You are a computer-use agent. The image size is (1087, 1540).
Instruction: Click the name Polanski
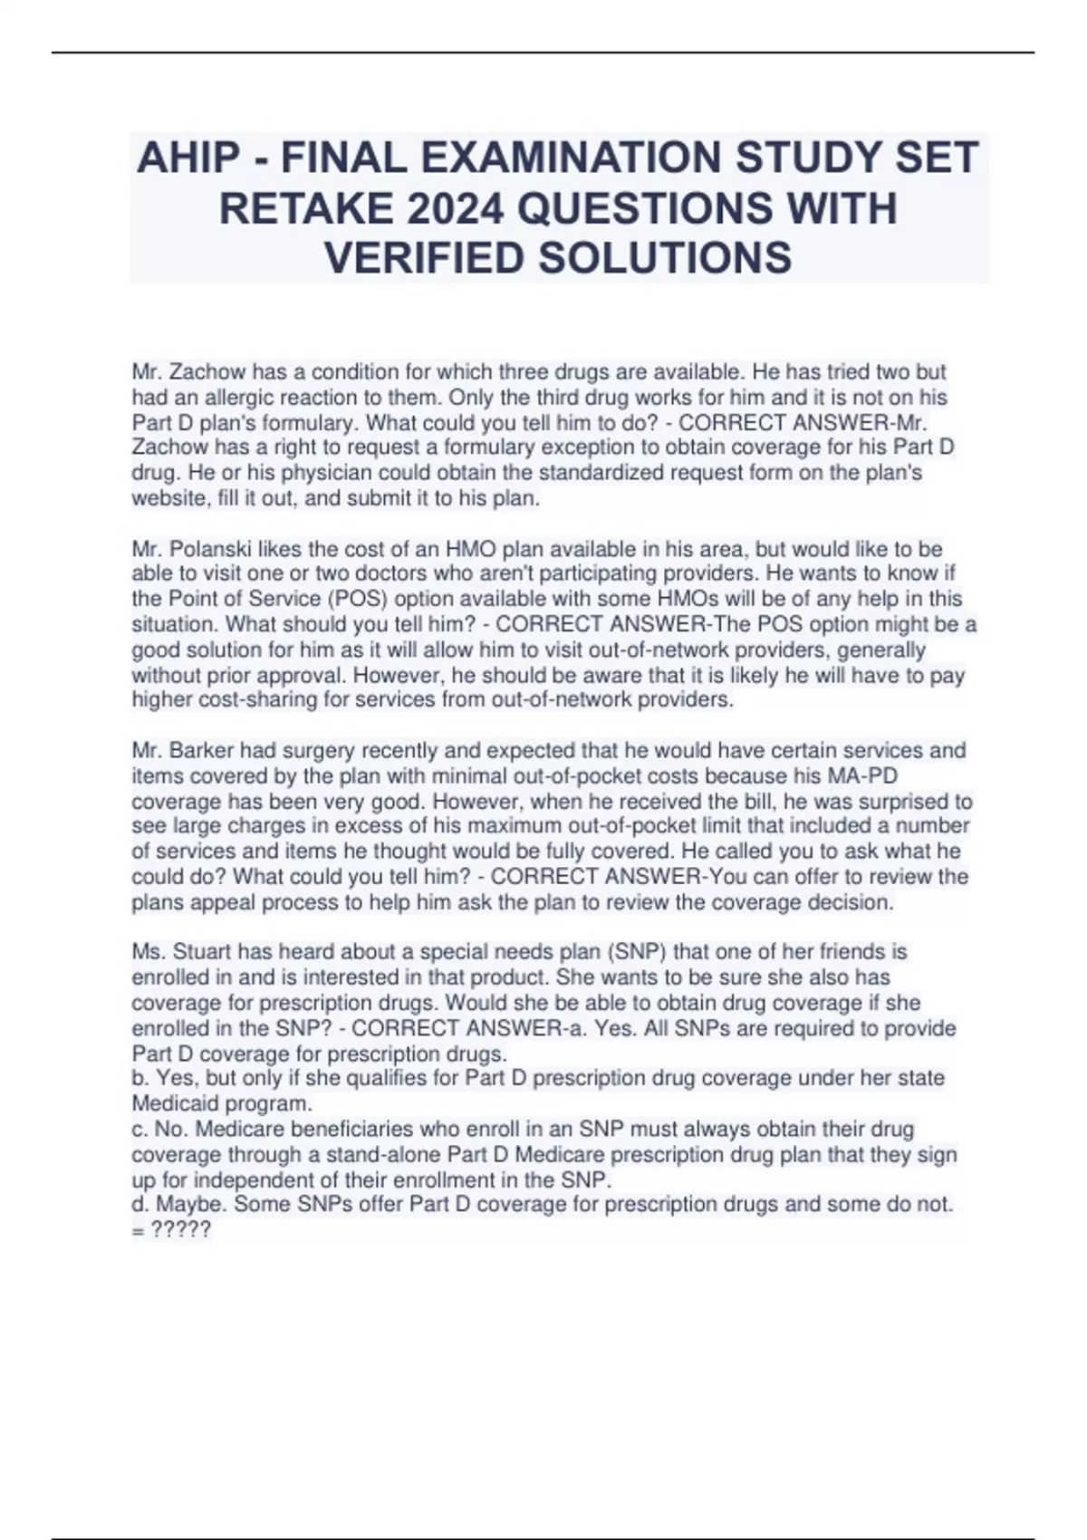(209, 549)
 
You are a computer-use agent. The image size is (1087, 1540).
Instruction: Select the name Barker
(201, 750)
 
